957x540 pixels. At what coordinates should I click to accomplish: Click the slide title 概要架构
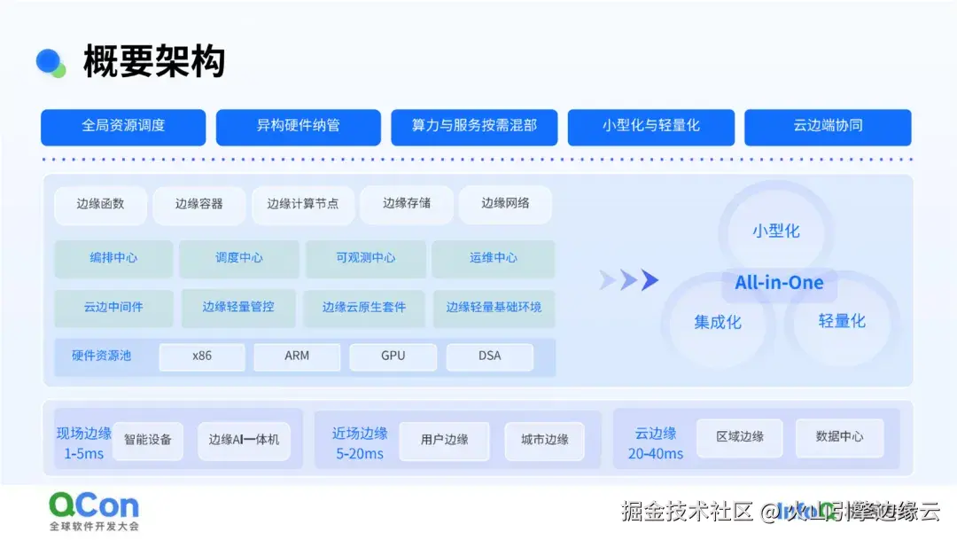(x=154, y=62)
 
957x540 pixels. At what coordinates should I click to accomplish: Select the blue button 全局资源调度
(x=123, y=126)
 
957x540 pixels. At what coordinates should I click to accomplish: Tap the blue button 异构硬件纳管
(x=299, y=126)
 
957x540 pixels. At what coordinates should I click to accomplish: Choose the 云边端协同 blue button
(x=828, y=126)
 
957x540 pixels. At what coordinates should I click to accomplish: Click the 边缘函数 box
(x=100, y=204)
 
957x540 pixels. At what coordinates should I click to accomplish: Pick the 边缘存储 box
(x=407, y=204)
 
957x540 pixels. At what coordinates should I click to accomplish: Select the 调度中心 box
(x=239, y=258)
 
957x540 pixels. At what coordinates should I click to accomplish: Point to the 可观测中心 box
(x=366, y=258)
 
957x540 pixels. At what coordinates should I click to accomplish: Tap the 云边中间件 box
(x=113, y=307)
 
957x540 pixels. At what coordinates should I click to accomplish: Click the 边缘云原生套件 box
(x=364, y=307)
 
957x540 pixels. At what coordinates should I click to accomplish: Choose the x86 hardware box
(x=202, y=356)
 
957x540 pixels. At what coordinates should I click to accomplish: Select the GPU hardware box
(x=393, y=356)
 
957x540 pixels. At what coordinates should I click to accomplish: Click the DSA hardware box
(x=489, y=356)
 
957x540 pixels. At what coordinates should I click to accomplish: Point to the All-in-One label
(x=779, y=283)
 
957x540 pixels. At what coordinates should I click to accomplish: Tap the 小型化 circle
(x=776, y=231)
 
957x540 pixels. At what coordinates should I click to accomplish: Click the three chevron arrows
(x=629, y=280)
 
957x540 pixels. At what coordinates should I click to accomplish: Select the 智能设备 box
(x=148, y=439)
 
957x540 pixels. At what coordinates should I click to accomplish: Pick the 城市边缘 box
(x=545, y=439)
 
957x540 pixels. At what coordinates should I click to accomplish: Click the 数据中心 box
(x=839, y=436)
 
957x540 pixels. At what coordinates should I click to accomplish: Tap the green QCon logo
(x=94, y=506)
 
